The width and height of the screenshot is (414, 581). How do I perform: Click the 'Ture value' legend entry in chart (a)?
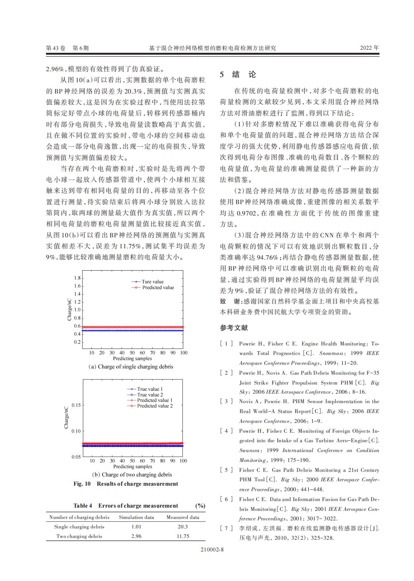coord(152,282)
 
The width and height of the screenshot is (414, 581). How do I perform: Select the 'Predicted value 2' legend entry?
coord(155,406)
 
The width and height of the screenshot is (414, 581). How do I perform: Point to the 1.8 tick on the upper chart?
coord(77,278)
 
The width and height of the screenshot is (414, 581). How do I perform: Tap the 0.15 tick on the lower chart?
coord(76,405)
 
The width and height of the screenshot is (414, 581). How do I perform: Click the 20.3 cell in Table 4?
coord(183,527)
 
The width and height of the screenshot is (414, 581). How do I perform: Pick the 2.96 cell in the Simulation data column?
coord(136,536)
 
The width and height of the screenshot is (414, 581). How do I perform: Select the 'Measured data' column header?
coord(183,517)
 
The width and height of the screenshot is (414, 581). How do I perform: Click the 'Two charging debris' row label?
coord(79,536)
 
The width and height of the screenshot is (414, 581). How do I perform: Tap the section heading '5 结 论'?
coord(238,74)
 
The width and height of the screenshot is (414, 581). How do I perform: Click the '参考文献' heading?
coord(234,328)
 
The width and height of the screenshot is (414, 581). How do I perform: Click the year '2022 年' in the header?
coord(369,48)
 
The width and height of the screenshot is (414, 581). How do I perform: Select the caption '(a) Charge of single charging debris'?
coord(131,366)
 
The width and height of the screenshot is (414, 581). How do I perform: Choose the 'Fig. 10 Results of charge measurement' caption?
coord(126,483)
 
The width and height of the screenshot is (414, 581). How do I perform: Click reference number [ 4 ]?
coord(226,431)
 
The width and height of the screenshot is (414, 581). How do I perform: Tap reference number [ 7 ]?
coord(226,528)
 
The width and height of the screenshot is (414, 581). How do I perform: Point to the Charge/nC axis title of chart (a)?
coord(69,309)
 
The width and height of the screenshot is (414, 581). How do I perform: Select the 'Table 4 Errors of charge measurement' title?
coord(126,505)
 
